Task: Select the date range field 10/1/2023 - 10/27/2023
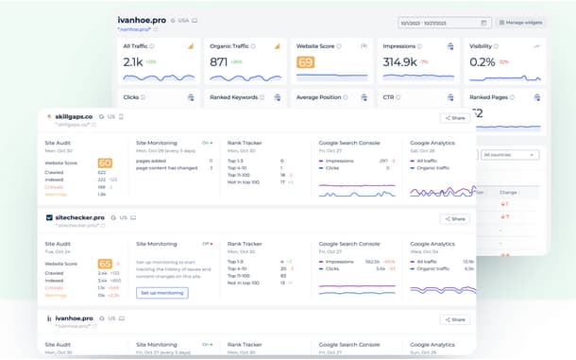pyautogui.click(x=444, y=22)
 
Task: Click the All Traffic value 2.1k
pyautogui.click(x=133, y=61)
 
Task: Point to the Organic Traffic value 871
pyautogui.click(x=218, y=61)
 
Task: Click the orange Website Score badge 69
pyautogui.click(x=305, y=62)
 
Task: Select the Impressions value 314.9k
pyautogui.click(x=400, y=61)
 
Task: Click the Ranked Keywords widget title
pyautogui.click(x=232, y=96)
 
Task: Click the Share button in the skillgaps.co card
pyautogui.click(x=455, y=118)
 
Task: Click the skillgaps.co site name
pyautogui.click(x=74, y=116)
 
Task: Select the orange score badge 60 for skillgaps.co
pyautogui.click(x=105, y=163)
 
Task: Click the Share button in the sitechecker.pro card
pyautogui.click(x=455, y=218)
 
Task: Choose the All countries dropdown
pyautogui.click(x=507, y=154)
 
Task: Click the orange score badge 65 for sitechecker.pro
pyautogui.click(x=105, y=264)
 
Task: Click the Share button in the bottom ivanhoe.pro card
pyautogui.click(x=455, y=319)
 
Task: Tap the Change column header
pyautogui.click(x=508, y=192)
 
